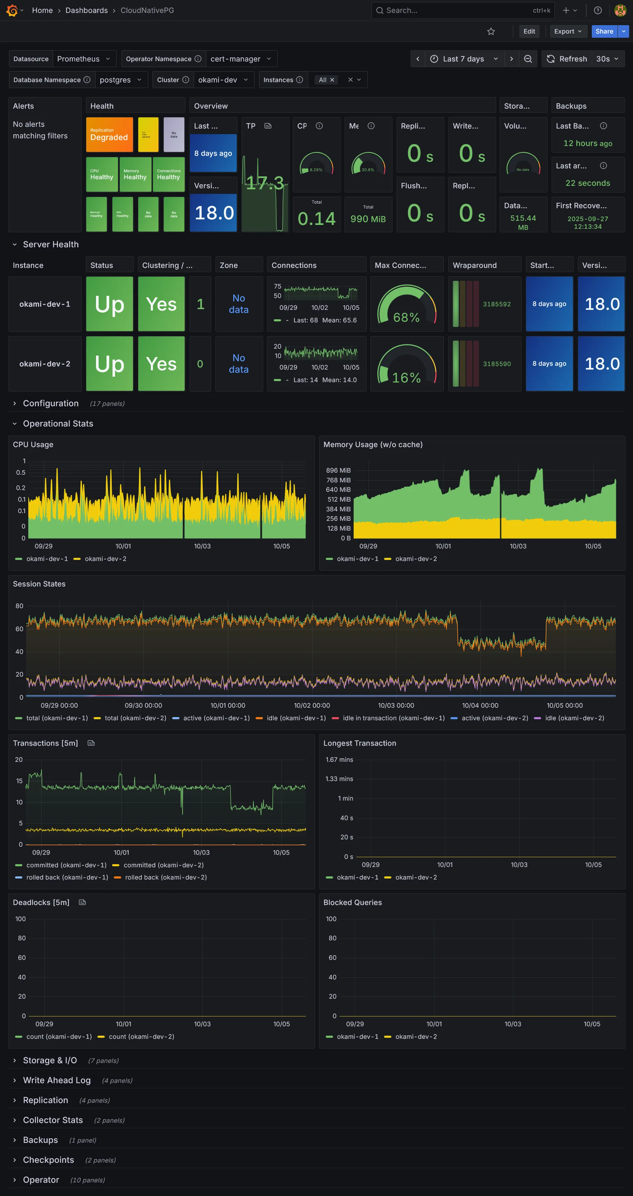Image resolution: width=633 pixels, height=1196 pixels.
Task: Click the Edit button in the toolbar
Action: pos(529,31)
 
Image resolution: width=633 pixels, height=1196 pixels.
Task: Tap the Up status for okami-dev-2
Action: pos(110,364)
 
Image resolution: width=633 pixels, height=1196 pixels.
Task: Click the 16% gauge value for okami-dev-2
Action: pos(406,378)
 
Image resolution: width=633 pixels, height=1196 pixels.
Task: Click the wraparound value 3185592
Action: pos(496,304)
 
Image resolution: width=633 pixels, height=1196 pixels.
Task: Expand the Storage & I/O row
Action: pos(50,1060)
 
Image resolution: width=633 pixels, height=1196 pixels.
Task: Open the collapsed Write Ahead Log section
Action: pos(57,1080)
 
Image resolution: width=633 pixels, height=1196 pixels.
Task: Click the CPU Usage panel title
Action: pos(33,445)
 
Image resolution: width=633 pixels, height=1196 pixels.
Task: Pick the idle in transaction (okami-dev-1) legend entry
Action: pos(393,718)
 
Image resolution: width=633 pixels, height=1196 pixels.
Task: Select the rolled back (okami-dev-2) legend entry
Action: pos(166,877)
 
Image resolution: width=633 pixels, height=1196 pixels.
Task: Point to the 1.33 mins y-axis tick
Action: pos(339,779)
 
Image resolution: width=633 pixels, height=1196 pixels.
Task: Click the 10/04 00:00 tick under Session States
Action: pos(480,706)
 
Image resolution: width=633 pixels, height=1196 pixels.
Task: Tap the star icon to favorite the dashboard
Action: pos(491,31)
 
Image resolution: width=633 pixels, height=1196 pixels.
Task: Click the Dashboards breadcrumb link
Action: pos(86,10)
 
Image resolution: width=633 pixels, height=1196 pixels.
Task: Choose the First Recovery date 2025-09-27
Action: pos(588,223)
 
